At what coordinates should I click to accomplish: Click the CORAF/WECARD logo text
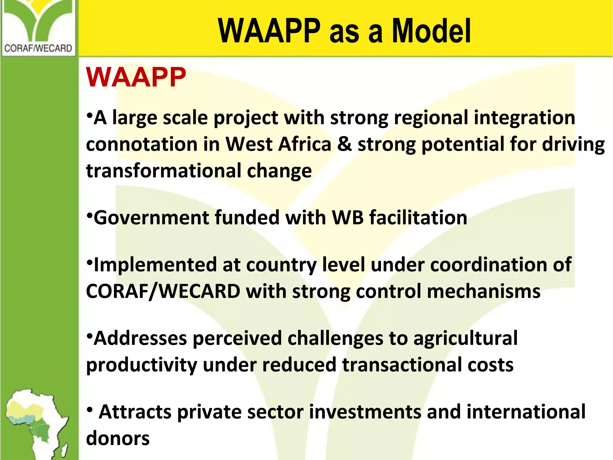click(38, 48)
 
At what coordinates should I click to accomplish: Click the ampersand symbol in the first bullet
click(344, 144)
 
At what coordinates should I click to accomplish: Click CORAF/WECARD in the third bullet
click(163, 291)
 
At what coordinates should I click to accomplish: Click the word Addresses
click(140, 338)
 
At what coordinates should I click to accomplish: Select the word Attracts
click(135, 412)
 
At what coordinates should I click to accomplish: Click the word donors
click(118, 438)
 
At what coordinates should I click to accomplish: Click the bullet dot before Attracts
click(89, 410)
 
